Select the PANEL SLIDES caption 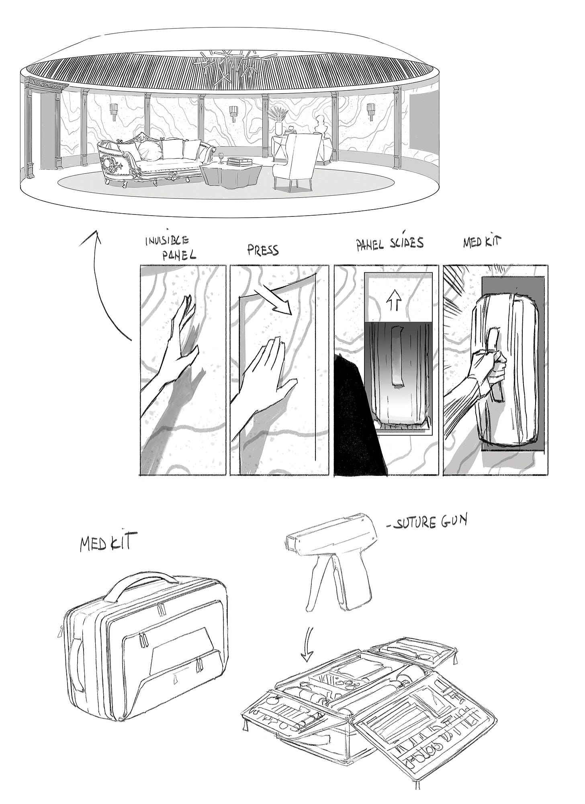pos(389,244)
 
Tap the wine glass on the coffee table pos(222,157)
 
